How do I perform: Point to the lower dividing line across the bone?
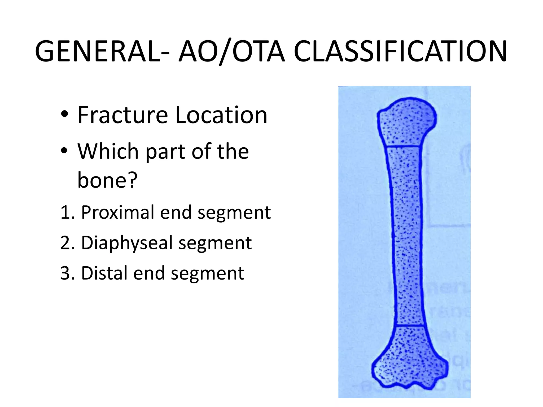[410, 325]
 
